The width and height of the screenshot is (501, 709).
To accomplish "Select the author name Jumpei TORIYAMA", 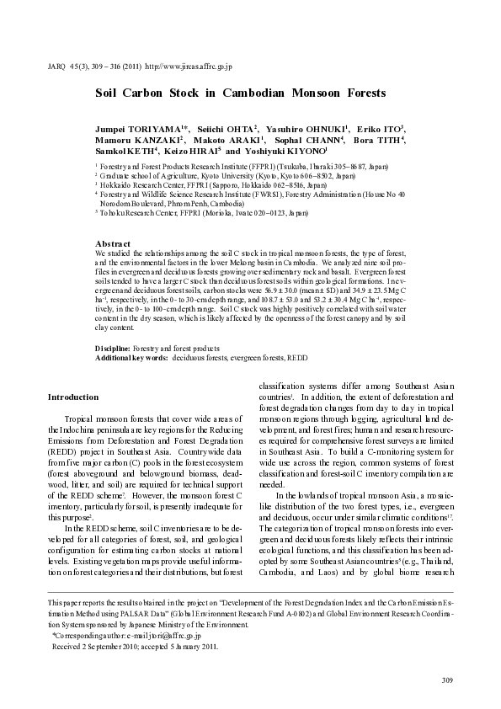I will (152, 127).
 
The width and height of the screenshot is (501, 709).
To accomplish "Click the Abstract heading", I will (114, 243).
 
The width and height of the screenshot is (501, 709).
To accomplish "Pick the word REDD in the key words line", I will (297, 357).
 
